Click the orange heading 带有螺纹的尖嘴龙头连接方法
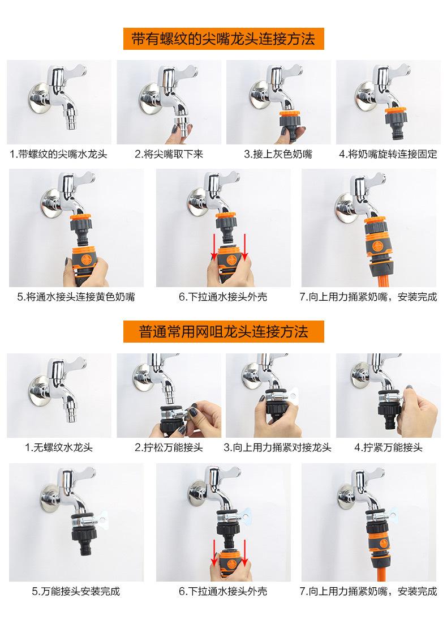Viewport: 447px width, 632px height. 223,39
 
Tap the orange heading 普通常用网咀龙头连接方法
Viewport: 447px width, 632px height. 223,332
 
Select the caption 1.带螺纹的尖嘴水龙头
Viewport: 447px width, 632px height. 59,154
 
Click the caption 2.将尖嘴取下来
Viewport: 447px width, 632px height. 169,154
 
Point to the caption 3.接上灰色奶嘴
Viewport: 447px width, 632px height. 278,154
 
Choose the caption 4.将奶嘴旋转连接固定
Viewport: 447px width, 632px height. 388,154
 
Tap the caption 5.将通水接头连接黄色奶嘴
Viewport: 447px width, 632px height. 76,297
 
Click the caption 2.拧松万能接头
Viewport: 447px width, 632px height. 169,447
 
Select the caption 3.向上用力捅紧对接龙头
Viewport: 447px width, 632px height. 278,447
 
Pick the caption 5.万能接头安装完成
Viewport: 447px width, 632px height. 76,591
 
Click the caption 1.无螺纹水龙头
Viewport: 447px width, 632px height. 59,447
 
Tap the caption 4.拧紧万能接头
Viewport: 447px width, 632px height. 388,447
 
